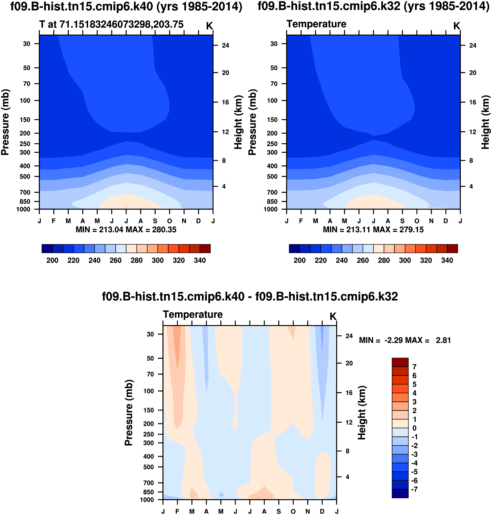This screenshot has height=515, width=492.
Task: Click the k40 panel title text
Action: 126,6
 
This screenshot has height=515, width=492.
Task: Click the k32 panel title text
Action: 373,6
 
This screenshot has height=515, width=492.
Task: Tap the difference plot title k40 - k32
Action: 250,297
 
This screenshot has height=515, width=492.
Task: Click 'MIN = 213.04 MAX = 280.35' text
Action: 126,230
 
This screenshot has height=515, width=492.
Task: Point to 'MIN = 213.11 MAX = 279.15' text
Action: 373,230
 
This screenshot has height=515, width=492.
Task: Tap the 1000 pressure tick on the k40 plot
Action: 23,209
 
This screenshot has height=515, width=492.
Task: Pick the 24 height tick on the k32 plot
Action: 473,45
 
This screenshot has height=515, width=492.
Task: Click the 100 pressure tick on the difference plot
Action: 149,391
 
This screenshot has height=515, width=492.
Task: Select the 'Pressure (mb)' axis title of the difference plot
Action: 128,412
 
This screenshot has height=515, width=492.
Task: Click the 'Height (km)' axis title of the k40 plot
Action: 238,122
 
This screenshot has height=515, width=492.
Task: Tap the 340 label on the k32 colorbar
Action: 447,261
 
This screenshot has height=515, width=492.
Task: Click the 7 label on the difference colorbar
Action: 414,367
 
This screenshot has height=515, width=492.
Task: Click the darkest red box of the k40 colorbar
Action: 205,249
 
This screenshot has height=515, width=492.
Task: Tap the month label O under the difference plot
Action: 293,511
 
